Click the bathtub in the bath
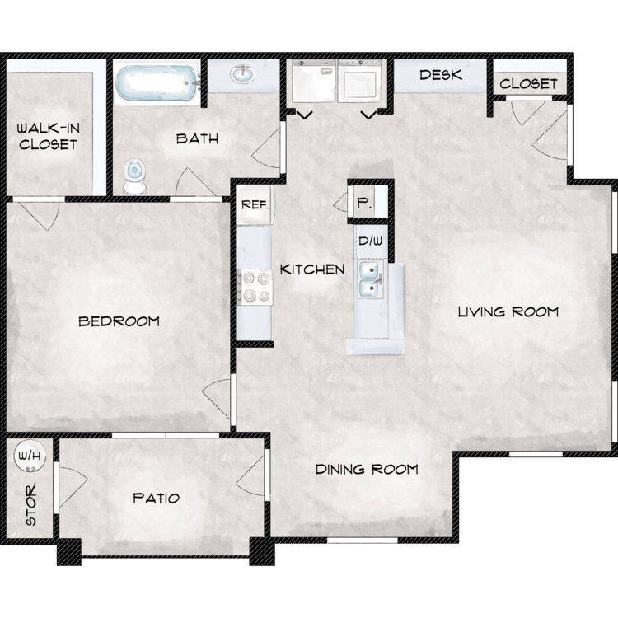[157, 82]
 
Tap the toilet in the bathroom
[135, 176]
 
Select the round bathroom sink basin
[243, 73]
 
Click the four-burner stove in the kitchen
[255, 287]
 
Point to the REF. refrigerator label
[255, 204]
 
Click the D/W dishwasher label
[370, 241]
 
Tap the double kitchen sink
[370, 279]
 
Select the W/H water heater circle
[30, 456]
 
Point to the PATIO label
[156, 499]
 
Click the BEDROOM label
[119, 321]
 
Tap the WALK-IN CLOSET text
[48, 136]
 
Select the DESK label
[441, 75]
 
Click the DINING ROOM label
[367, 469]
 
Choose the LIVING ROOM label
[508, 312]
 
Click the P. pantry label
[363, 203]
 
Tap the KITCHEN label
[312, 269]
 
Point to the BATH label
[197, 138]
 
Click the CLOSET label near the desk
[528, 83]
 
